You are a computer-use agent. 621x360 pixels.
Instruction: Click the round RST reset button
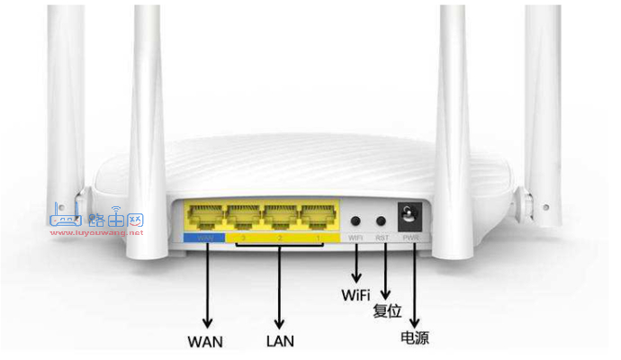click(382, 219)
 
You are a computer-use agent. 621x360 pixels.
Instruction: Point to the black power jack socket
click(412, 216)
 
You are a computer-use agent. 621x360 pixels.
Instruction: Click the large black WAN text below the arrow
click(205, 341)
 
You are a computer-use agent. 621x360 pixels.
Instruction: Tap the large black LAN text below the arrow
click(280, 341)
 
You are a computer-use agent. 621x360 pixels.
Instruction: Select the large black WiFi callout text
click(356, 294)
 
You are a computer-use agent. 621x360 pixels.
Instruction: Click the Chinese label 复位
click(387, 311)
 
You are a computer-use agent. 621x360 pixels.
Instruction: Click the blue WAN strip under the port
click(206, 238)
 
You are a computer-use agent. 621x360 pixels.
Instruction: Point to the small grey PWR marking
click(411, 238)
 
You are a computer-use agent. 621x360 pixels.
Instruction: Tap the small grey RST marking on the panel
click(382, 238)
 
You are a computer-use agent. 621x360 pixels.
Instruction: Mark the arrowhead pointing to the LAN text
click(280, 323)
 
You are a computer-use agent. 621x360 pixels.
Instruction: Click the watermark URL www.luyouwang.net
click(97, 232)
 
